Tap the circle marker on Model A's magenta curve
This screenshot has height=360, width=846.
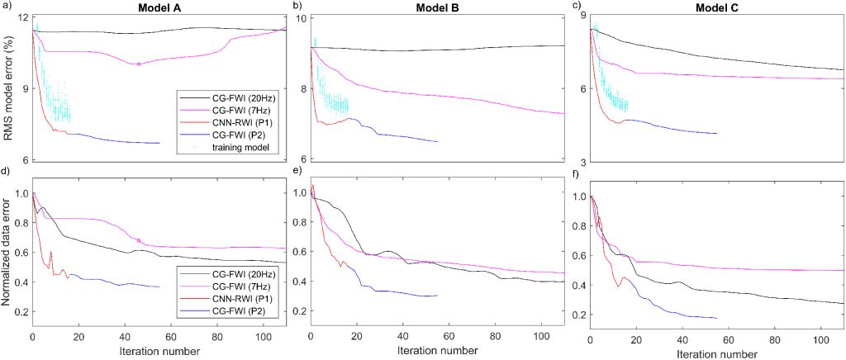[139, 64]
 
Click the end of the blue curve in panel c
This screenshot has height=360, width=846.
[716, 133]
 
